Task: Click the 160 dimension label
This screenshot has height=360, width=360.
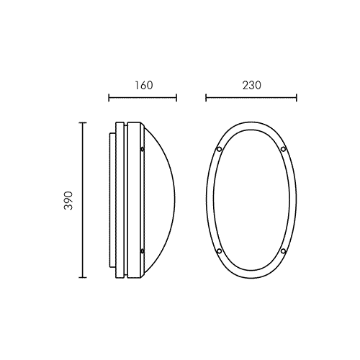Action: coord(143,86)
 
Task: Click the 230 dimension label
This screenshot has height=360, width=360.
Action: coord(251,86)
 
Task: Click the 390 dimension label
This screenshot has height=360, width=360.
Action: coord(68,201)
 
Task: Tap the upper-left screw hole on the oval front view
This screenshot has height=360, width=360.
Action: coord(219,149)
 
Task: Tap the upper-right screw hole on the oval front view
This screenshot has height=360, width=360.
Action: coord(283,149)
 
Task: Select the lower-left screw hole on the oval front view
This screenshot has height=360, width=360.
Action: coord(219,251)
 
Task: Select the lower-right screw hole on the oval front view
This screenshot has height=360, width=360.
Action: coord(283,251)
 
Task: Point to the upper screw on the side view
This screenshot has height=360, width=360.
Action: coord(142,149)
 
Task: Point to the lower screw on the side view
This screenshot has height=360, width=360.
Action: coord(142,251)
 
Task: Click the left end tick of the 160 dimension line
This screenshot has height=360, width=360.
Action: coord(109,98)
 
